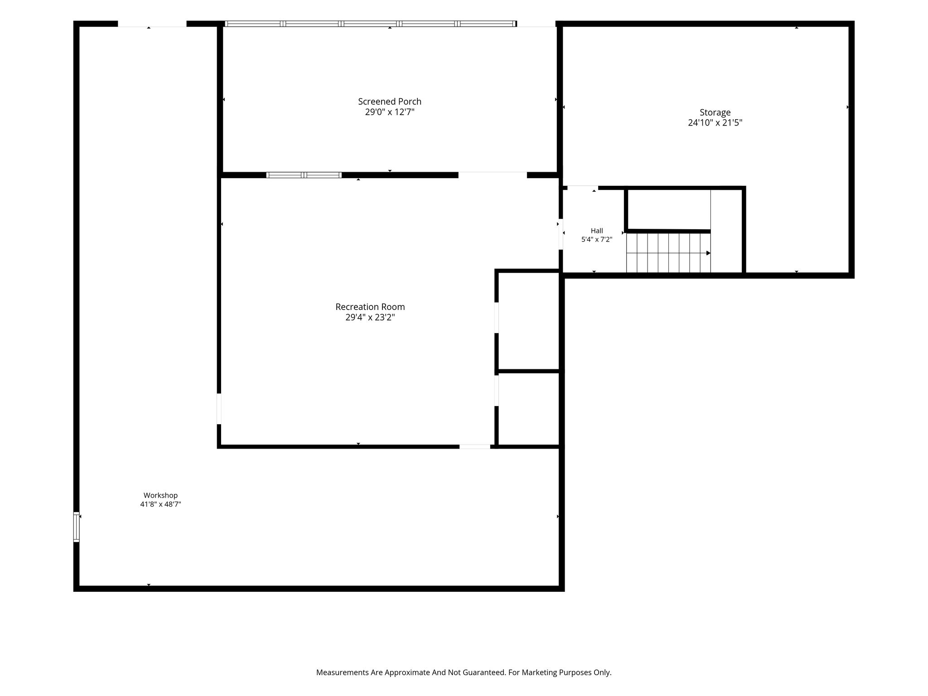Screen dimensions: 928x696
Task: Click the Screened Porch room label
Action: (x=390, y=101)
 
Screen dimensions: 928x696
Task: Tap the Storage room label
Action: (x=715, y=112)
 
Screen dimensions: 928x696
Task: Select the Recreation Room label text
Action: (x=370, y=307)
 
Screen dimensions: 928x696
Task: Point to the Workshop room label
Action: (x=160, y=495)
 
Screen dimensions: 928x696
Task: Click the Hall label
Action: (x=597, y=231)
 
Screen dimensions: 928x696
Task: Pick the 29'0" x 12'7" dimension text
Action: (x=390, y=112)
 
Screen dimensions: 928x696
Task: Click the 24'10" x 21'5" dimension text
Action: (x=715, y=122)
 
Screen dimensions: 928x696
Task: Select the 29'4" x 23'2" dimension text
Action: (x=370, y=317)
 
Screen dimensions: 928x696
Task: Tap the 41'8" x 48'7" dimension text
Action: (x=160, y=504)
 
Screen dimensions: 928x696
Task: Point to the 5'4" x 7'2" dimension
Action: (x=597, y=239)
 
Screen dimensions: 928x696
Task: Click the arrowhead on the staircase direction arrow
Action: (x=708, y=253)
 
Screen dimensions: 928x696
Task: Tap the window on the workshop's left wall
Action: (x=77, y=527)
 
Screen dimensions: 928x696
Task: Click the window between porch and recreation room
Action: (x=304, y=175)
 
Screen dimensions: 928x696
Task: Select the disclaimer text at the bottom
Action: (x=464, y=672)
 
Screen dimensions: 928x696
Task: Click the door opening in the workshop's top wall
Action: (x=152, y=24)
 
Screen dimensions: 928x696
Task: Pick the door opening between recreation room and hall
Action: (x=561, y=234)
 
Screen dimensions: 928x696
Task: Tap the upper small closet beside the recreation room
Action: (x=528, y=321)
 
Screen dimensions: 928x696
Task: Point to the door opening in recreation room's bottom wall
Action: (x=475, y=447)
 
